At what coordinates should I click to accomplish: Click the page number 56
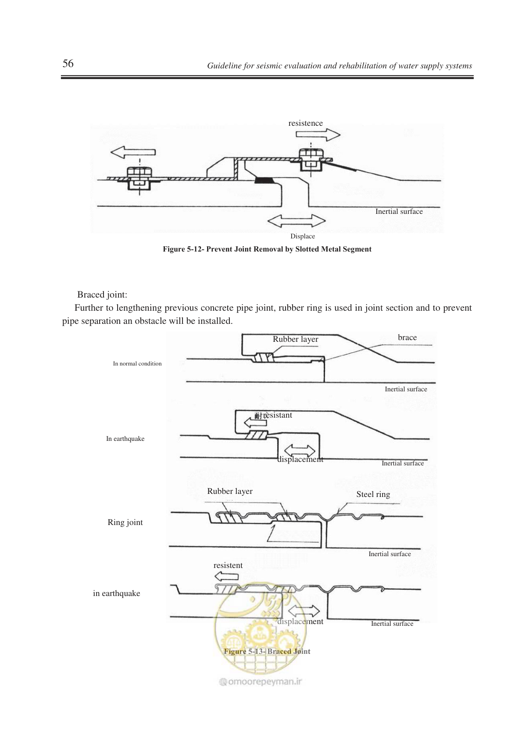pyautogui.click(x=68, y=63)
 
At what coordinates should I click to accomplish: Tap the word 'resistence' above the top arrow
pyautogui.click(x=305, y=123)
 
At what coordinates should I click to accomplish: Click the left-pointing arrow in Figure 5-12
pyautogui.click(x=132, y=152)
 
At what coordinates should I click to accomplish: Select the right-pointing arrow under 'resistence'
pyautogui.click(x=318, y=135)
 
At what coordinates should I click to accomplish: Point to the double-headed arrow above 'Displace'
pyautogui.click(x=296, y=221)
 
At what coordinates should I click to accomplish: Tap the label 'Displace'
pyautogui.click(x=302, y=236)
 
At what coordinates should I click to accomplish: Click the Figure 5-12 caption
pyautogui.click(x=267, y=249)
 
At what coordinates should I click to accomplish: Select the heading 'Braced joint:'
pyautogui.click(x=102, y=294)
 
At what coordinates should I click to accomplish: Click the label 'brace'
pyautogui.click(x=407, y=337)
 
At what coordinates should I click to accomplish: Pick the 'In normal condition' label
pyautogui.click(x=137, y=364)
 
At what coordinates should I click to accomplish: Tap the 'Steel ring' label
pyautogui.click(x=373, y=494)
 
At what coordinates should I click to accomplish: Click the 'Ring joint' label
pyautogui.click(x=125, y=522)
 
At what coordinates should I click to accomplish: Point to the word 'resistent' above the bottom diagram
pyautogui.click(x=228, y=565)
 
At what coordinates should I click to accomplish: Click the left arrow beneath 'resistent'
pyautogui.click(x=226, y=576)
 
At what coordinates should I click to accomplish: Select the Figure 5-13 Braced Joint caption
pyautogui.click(x=267, y=651)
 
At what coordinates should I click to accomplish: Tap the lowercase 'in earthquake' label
pyautogui.click(x=116, y=593)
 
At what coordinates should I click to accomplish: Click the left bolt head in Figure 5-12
pyautogui.click(x=139, y=173)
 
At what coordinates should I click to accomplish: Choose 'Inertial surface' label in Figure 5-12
pyautogui.click(x=399, y=212)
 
